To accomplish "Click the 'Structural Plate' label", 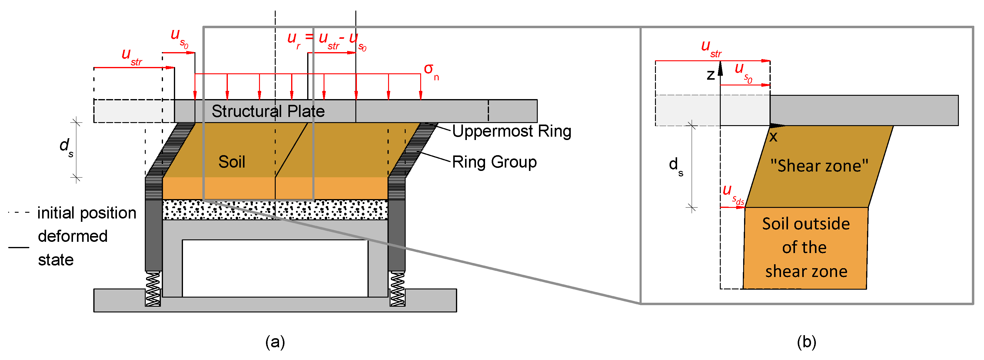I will pos(268,111).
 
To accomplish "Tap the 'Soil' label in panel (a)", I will pos(231,162).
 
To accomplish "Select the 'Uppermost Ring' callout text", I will pos(511,131).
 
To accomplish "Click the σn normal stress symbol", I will pos(431,70).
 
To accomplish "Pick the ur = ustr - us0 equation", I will pos(327,40).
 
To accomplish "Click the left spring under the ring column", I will pos(153,288).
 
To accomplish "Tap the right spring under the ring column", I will pos(397,288).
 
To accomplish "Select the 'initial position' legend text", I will pos(86,213).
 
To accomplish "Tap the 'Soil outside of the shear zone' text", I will pos(806,247).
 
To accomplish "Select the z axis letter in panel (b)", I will pos(710,75).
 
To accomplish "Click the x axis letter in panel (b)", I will pos(773,137).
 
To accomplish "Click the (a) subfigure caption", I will pos(275,341).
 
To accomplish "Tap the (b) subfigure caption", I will pos(806,341).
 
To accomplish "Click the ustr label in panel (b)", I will pos(711,48).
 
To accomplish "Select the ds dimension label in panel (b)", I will pos(675,166).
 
